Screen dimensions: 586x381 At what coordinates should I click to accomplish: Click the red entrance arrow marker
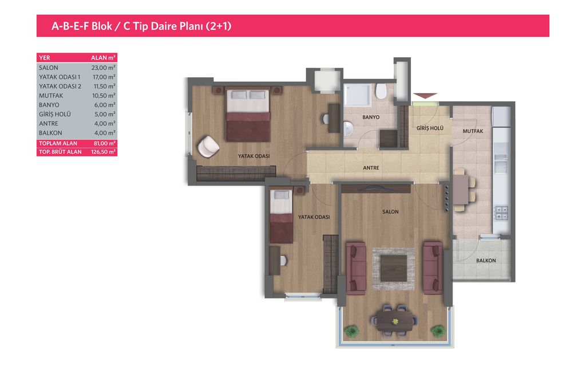tap(425, 96)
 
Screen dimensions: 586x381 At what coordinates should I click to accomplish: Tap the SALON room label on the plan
tap(390, 212)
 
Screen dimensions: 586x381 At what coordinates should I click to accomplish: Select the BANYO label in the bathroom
tap(371, 117)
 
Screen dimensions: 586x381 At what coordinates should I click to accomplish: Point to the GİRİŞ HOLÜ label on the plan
tap(430, 128)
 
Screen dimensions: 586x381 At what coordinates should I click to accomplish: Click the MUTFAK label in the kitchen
tap(473, 131)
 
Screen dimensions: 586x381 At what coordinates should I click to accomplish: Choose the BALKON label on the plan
tap(486, 261)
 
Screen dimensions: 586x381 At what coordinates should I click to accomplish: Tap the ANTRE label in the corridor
tap(371, 168)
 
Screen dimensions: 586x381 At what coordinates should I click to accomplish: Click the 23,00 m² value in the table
tap(103, 68)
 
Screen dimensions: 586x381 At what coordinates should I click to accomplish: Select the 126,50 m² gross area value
tap(103, 152)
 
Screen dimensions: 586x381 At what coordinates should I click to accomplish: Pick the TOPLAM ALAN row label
tap(58, 143)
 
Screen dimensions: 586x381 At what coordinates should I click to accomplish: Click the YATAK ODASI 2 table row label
tap(60, 87)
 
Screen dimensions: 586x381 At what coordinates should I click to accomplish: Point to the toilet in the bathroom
tap(381, 91)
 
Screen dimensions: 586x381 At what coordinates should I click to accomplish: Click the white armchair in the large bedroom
tap(208, 146)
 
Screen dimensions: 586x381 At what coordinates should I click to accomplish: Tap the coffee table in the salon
tap(394, 268)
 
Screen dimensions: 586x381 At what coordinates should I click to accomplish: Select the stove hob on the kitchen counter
tap(501, 213)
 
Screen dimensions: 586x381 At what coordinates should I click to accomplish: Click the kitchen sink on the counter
tap(501, 163)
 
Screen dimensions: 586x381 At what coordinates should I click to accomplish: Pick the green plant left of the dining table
tap(351, 331)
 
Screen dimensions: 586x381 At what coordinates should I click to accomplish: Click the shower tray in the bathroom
tap(357, 95)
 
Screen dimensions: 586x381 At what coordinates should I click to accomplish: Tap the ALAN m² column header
tap(103, 58)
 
